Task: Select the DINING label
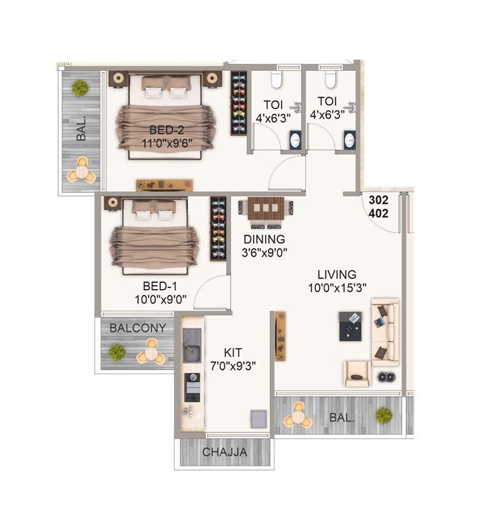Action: (264, 239)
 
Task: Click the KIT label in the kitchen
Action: (232, 352)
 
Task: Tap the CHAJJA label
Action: (225, 453)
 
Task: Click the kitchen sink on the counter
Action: (192, 345)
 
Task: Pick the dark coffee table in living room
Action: (350, 326)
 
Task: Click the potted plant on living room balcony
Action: (384, 415)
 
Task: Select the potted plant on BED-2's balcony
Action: (80, 87)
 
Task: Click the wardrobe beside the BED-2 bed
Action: (239, 103)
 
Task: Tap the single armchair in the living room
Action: (357, 373)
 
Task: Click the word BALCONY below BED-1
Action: (137, 329)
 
